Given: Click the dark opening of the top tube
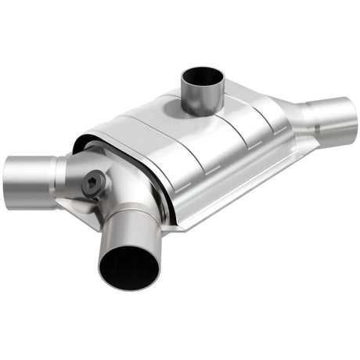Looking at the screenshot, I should (x=202, y=78).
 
